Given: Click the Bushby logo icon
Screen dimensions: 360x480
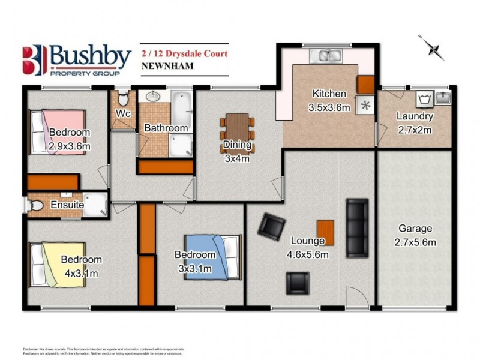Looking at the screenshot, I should (34, 60).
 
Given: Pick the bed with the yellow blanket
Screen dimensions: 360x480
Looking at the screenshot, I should (60, 264).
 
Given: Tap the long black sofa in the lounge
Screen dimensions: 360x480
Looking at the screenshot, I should (358, 227).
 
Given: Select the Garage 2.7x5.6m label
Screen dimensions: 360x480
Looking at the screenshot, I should (415, 235).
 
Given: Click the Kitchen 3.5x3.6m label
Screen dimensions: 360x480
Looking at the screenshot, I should (329, 99).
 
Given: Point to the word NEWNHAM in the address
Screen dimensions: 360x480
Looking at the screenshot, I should (167, 66).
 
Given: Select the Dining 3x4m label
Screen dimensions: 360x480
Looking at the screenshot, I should (236, 151).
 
